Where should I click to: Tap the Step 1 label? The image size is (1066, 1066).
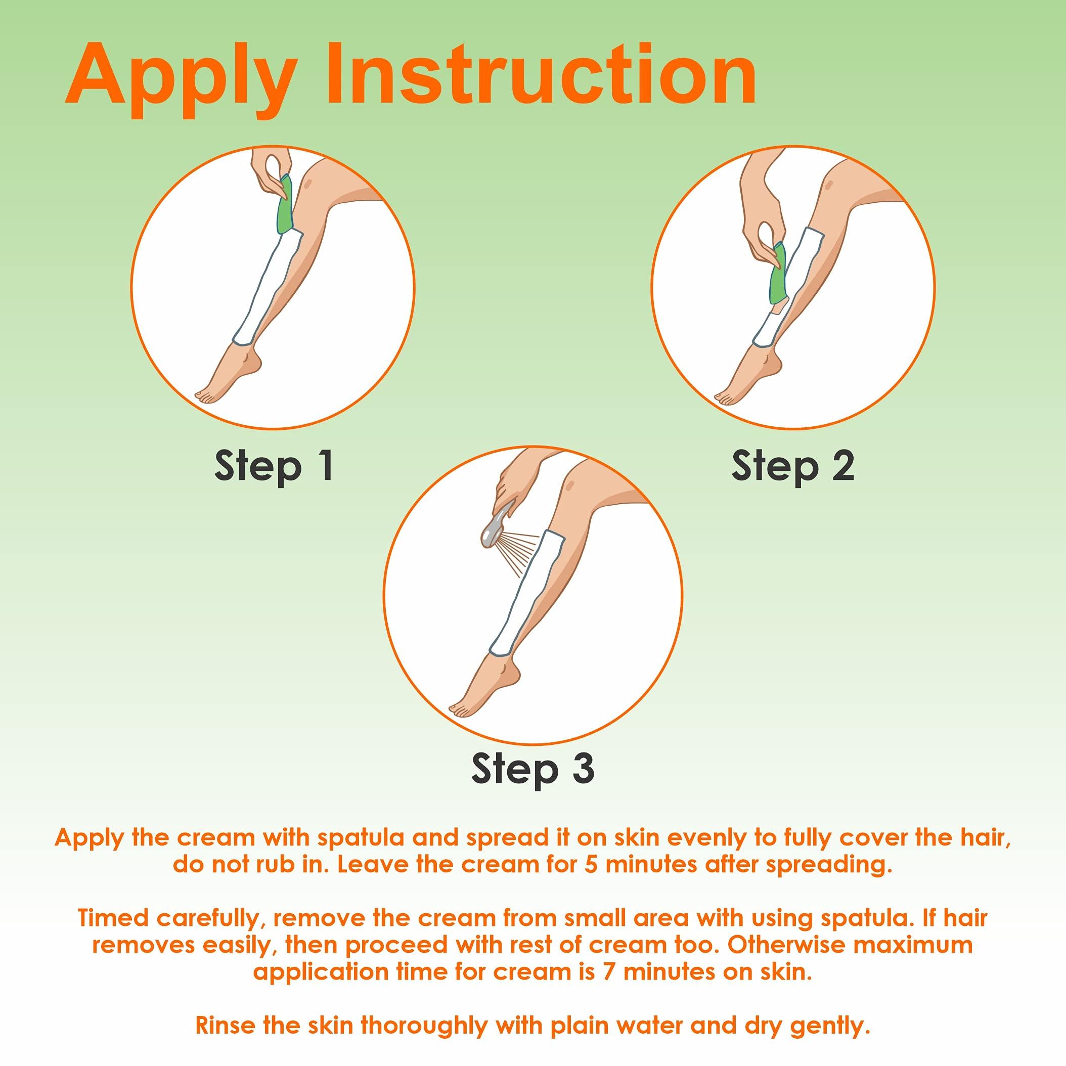[274, 466]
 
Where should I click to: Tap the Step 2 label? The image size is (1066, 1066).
[793, 466]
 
